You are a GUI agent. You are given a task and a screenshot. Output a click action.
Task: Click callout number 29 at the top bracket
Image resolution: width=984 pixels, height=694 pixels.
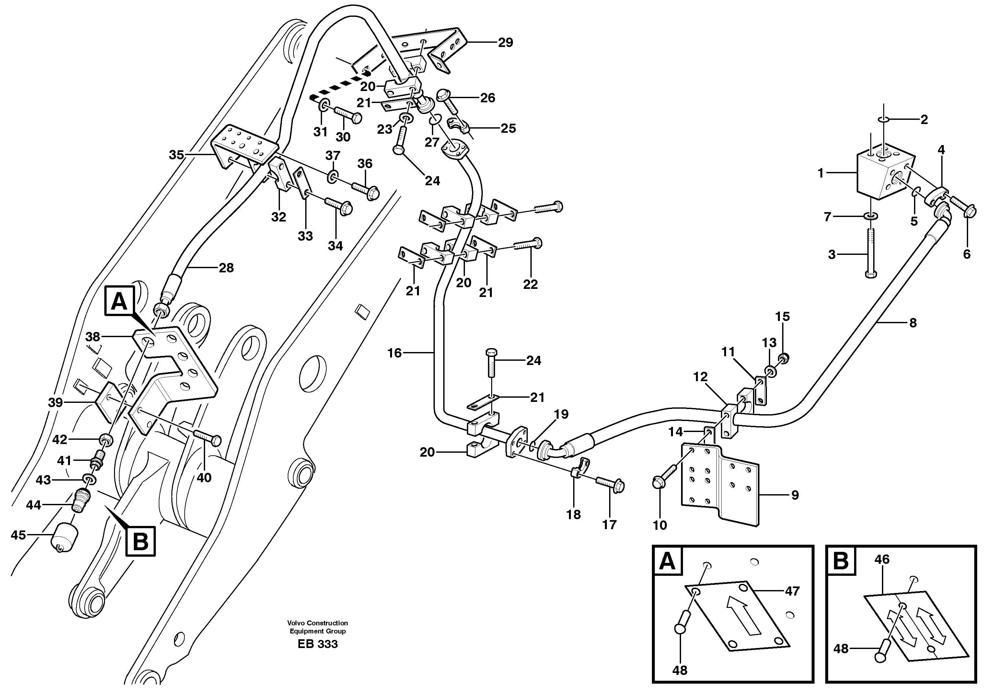505,42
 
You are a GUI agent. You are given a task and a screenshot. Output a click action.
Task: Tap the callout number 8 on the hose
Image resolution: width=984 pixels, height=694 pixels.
913,323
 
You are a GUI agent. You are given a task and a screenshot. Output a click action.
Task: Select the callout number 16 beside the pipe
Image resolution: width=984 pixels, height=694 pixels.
394,353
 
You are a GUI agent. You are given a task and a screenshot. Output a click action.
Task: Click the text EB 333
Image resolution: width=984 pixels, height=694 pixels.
318,644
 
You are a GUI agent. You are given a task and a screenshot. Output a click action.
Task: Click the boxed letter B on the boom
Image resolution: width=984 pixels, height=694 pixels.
140,542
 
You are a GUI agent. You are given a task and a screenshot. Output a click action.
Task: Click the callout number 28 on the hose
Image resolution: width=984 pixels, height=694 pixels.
226,268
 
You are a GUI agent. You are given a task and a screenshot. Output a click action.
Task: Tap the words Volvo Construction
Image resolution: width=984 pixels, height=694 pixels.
318,623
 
